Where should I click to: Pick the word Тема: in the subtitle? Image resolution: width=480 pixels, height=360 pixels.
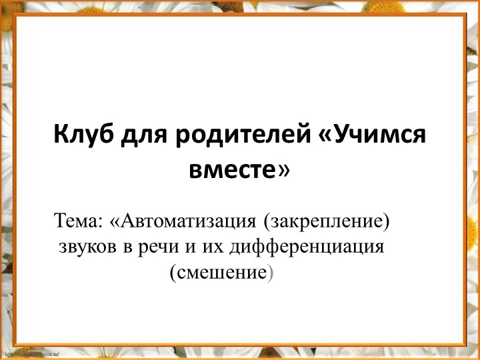(x=79, y=220)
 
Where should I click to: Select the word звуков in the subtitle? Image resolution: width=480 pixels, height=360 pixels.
(x=86, y=247)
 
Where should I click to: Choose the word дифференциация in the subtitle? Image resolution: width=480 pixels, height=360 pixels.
(x=307, y=247)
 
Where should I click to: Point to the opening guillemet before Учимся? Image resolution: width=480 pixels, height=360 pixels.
(x=326, y=138)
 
